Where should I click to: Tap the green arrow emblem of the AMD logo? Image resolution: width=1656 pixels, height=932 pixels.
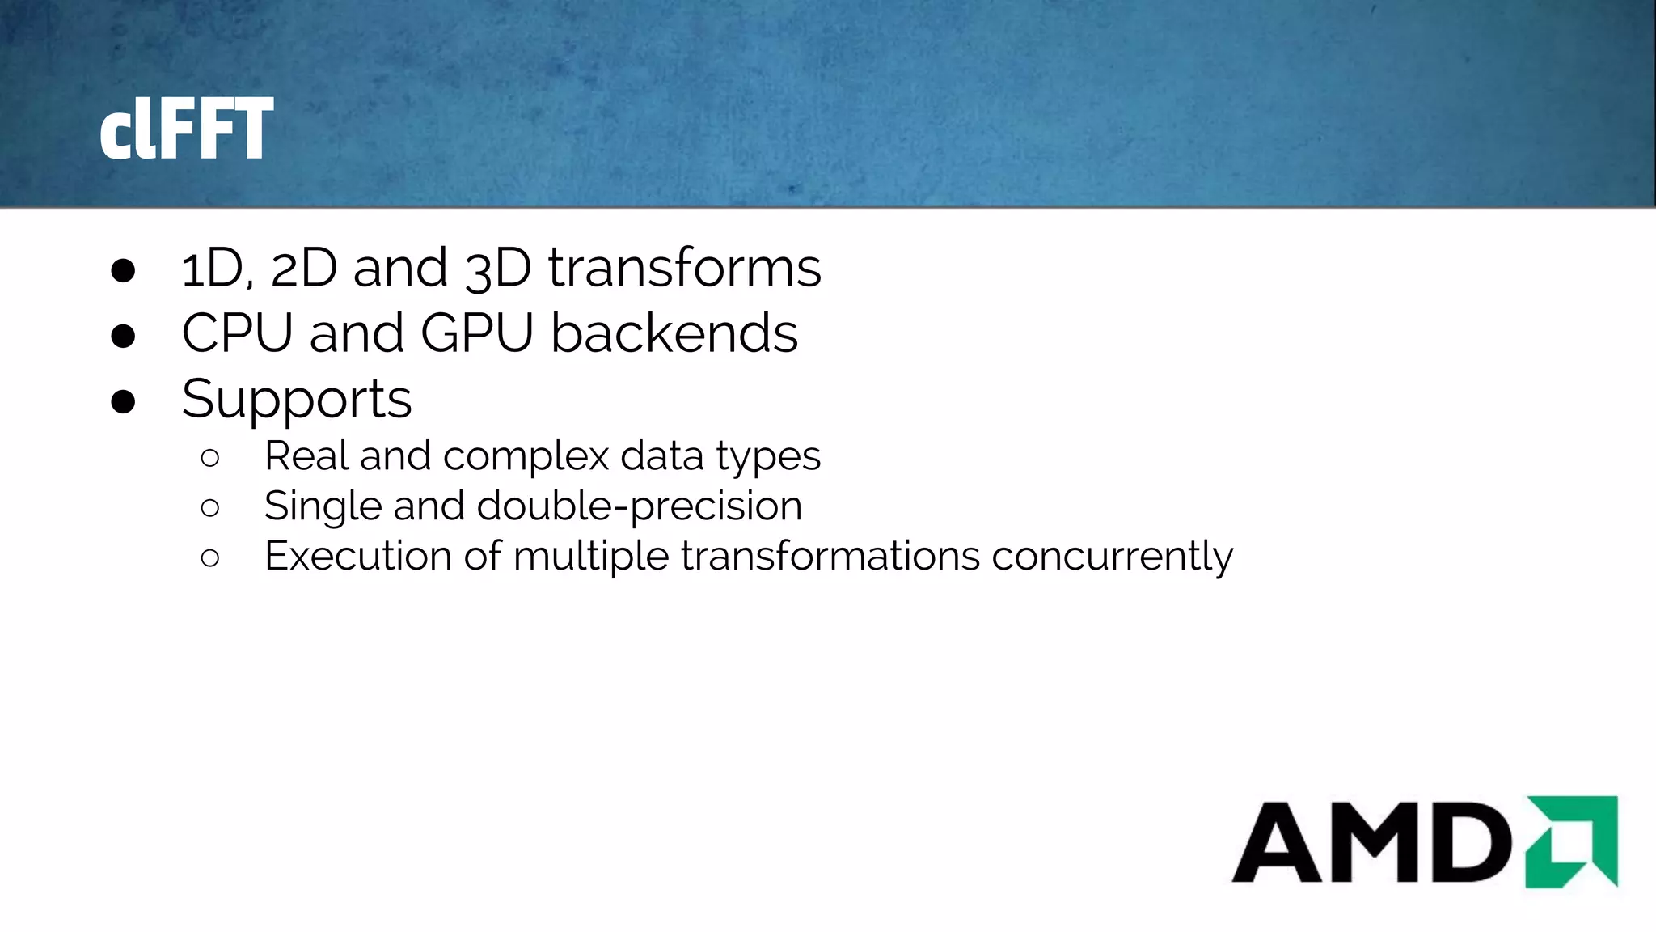(x=1572, y=841)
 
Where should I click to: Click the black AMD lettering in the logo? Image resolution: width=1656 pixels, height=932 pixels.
(x=1371, y=843)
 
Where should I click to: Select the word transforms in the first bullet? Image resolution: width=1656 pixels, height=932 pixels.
(x=684, y=268)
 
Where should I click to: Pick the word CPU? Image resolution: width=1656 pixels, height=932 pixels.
(x=236, y=333)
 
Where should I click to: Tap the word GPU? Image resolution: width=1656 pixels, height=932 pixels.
(x=477, y=333)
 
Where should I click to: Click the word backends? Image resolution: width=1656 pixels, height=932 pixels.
(x=674, y=333)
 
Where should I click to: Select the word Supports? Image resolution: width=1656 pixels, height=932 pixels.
(x=297, y=400)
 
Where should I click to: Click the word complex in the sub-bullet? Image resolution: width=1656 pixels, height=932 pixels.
(x=526, y=457)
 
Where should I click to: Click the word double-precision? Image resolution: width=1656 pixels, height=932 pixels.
(x=640, y=507)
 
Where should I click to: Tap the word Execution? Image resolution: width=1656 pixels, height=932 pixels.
(x=357, y=557)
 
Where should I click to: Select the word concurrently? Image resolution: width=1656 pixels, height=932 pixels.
(x=1112, y=557)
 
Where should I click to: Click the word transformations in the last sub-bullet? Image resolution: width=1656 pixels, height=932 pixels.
(x=830, y=557)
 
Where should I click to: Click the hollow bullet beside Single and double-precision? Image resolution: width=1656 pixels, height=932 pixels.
(x=210, y=508)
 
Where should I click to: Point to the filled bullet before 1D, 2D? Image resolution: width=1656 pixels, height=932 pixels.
(x=123, y=271)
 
